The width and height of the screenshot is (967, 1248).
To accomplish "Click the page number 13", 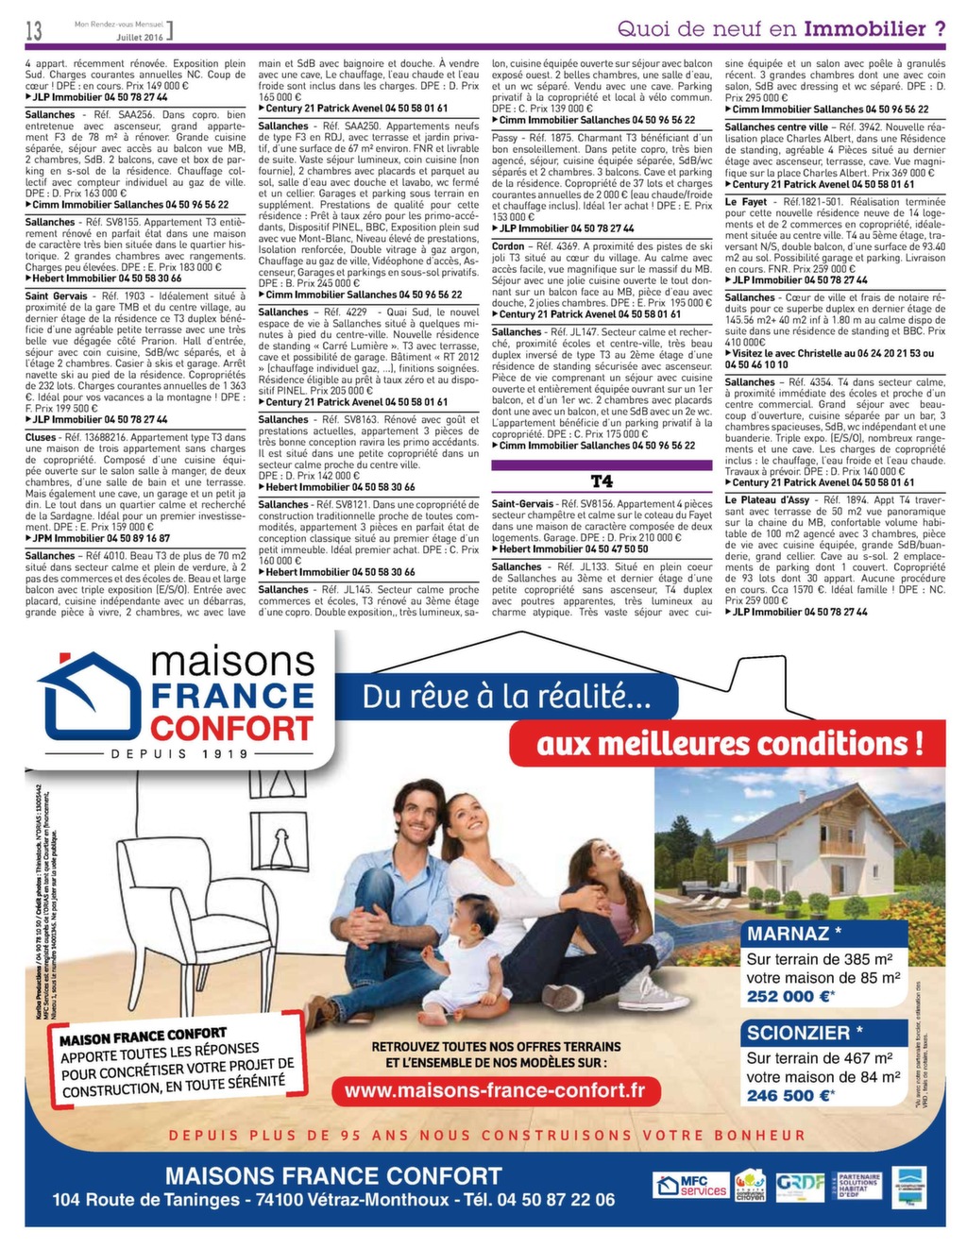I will coord(33,30).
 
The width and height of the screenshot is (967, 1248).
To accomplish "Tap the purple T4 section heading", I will coord(602,481).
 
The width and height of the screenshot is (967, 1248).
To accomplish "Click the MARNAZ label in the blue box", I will coord(789,934).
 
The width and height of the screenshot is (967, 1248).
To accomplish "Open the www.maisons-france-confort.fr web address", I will coord(496,1090).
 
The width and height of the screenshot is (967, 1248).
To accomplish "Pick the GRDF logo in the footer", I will coord(800,1184).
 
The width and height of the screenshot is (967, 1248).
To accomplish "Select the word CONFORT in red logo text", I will coord(231,728).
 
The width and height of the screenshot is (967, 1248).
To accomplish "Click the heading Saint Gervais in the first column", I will coord(57,295).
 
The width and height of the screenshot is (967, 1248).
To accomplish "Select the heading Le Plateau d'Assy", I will coord(767,499).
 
